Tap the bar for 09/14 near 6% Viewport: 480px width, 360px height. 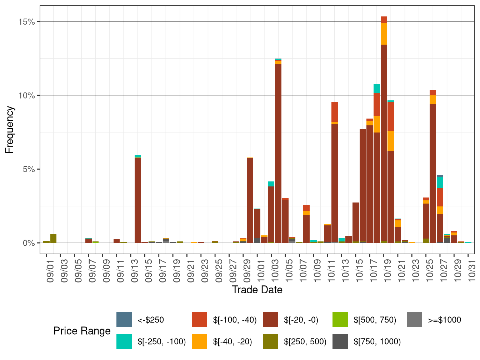point(137,200)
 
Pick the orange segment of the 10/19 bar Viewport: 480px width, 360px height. point(384,34)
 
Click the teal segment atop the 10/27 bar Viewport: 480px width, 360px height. point(440,182)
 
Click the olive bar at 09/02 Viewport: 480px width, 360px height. point(53,238)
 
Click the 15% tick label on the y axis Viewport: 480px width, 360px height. point(27,22)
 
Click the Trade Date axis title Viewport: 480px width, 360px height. point(257,290)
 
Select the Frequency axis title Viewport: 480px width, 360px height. point(10,130)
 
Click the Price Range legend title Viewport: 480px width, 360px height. point(82,331)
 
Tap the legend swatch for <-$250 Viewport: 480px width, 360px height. point(124,320)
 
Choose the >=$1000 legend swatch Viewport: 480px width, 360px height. point(415,320)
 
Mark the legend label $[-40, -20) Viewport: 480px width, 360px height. point(232,342)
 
